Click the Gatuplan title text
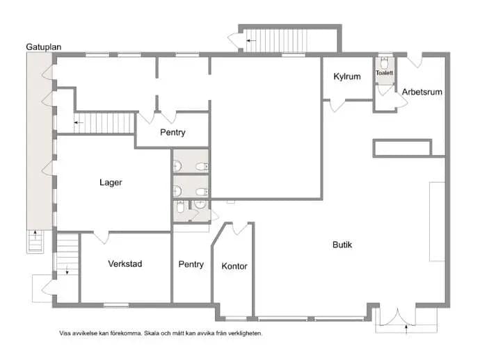tap(43, 47)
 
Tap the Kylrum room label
tap(347, 76)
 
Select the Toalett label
tap(384, 73)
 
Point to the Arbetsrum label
tap(422, 92)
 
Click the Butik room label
tap(342, 245)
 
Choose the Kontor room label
tap(234, 266)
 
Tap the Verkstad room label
tap(125, 263)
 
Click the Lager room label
tap(111, 183)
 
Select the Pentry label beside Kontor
tap(191, 264)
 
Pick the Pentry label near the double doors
tap(173, 133)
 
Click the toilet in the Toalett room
tap(384, 63)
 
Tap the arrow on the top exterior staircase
tap(251, 40)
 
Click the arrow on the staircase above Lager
tap(79, 122)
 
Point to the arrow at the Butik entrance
tap(406, 329)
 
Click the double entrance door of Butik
tap(397, 317)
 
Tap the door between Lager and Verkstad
tap(101, 238)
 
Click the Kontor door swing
tap(240, 229)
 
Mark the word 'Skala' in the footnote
tap(151, 333)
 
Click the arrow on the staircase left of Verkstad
tap(67, 270)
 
